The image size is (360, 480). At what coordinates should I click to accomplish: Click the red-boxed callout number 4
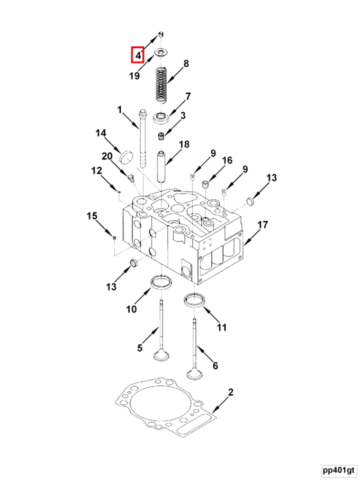[x=137, y=55]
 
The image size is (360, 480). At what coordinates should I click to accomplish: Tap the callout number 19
[x=135, y=75]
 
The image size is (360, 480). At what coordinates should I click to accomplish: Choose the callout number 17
[x=262, y=224]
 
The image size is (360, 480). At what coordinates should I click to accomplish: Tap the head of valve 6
[x=193, y=374]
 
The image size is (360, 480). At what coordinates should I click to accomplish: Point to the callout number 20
[x=107, y=157]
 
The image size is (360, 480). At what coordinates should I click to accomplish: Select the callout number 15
[x=91, y=216]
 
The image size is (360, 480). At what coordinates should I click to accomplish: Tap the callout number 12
[x=97, y=170]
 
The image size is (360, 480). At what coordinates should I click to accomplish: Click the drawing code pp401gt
[x=338, y=470]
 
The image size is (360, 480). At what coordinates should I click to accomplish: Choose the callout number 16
[x=227, y=160]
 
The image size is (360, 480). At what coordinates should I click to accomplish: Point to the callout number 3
[x=182, y=116]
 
